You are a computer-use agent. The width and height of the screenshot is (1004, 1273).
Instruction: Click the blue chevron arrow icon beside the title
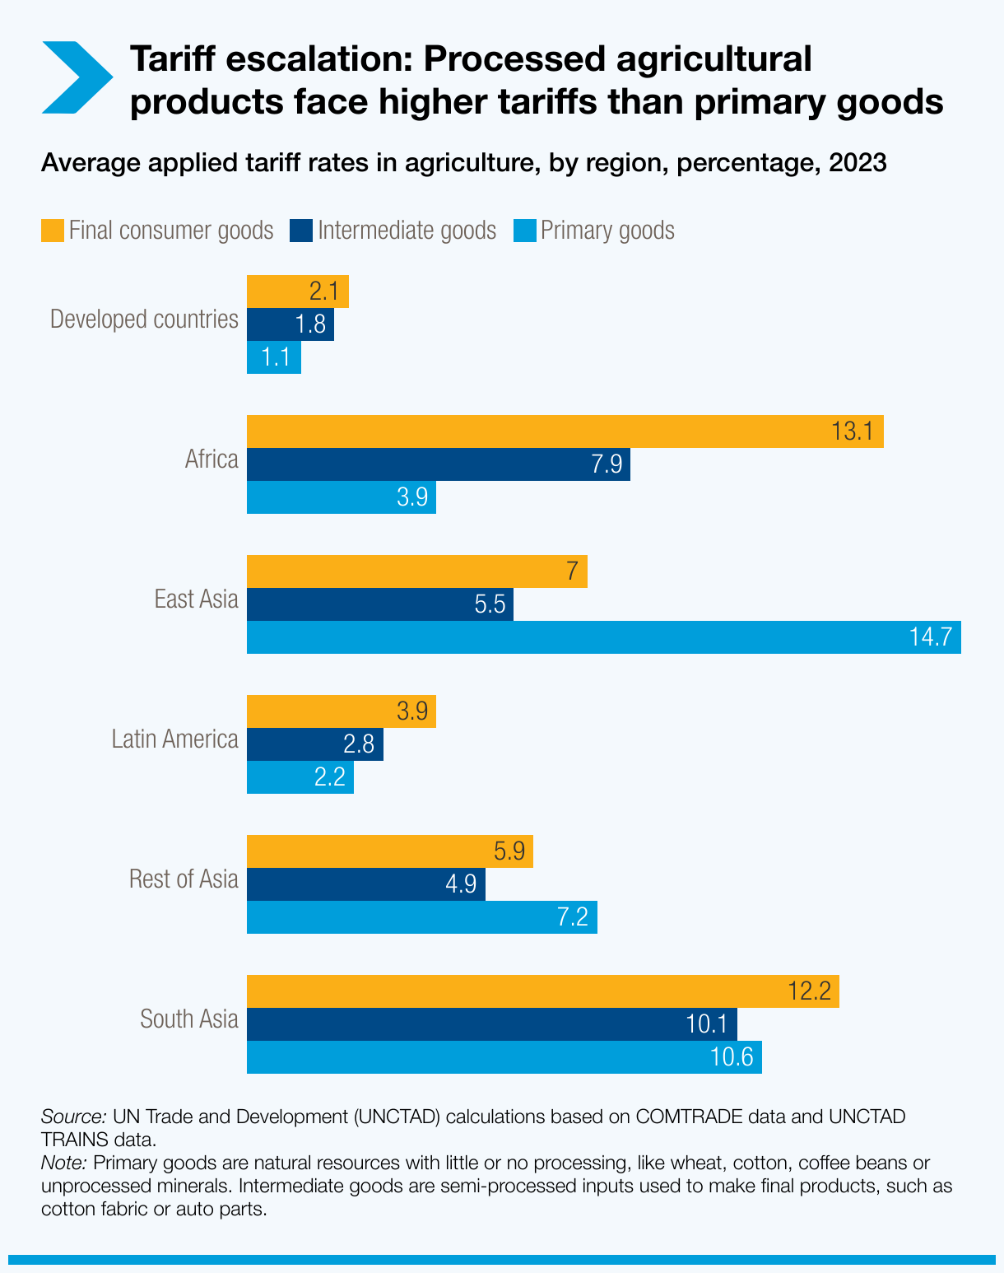[x=77, y=77]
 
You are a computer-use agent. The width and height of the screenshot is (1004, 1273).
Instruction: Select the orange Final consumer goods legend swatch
[x=53, y=230]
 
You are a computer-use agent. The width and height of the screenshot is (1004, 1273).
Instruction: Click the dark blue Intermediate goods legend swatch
[x=301, y=230]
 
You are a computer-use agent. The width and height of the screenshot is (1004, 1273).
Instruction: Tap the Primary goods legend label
[x=607, y=230]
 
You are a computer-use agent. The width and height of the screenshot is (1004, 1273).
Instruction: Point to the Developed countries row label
[x=144, y=319]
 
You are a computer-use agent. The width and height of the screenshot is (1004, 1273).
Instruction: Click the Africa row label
[x=211, y=459]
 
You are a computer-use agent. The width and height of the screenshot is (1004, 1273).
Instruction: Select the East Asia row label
[x=196, y=599]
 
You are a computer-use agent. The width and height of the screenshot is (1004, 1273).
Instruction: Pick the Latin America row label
[x=174, y=739]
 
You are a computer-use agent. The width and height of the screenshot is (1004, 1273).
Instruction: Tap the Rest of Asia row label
[x=184, y=879]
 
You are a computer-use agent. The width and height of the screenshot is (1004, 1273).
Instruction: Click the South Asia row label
[x=189, y=1019]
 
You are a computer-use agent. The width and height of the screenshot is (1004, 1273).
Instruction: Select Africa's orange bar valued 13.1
[x=565, y=431]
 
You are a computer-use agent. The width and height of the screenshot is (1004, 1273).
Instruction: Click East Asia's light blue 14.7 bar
[x=603, y=637]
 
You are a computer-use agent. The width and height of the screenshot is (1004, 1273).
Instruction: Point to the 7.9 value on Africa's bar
[x=607, y=464]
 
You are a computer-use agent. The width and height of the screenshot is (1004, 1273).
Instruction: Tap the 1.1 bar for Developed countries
[x=274, y=357]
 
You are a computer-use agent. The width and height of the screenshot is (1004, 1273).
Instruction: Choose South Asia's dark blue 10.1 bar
[x=491, y=1024]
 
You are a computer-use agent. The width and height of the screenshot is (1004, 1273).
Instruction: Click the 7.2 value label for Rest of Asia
[x=573, y=917]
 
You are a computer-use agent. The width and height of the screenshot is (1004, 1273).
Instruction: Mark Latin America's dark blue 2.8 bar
[x=314, y=744]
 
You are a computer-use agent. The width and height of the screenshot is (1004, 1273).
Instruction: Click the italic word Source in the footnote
[x=73, y=1117]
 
